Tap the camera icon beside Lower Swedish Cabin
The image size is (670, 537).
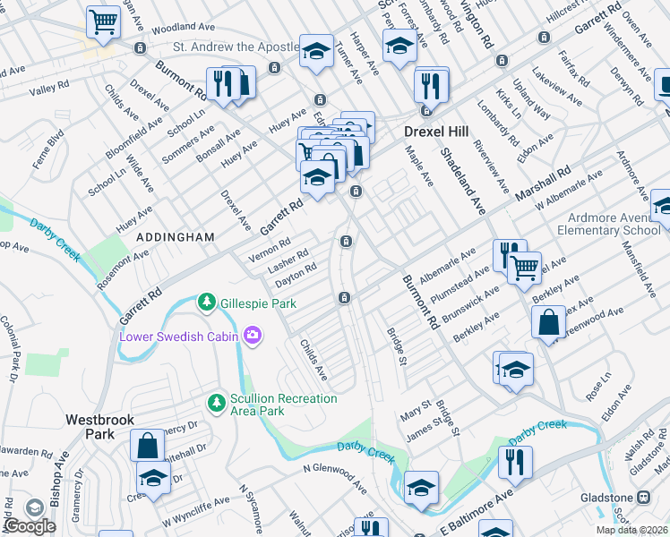coord(254,336)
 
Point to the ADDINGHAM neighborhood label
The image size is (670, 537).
coord(176,237)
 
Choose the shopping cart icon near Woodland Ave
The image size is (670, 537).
coord(104,21)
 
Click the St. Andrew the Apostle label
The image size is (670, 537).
coord(236,47)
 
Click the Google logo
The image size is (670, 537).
coord(30,526)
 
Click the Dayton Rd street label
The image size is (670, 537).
coord(296,273)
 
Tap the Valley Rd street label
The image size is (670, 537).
coord(43,89)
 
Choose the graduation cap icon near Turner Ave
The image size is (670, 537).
coord(315,51)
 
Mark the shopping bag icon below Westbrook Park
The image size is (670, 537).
coord(147,445)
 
